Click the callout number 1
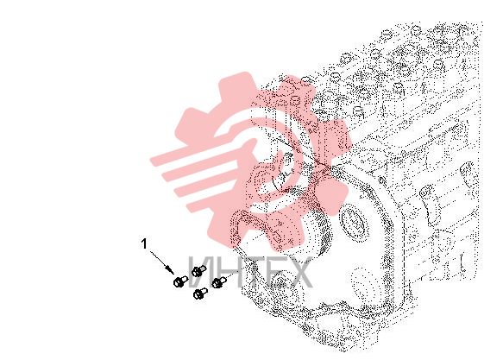144,243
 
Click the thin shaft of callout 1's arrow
159,260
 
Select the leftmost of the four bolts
180,281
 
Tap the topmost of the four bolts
199,271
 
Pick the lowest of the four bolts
200,294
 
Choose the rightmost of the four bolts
219,282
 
